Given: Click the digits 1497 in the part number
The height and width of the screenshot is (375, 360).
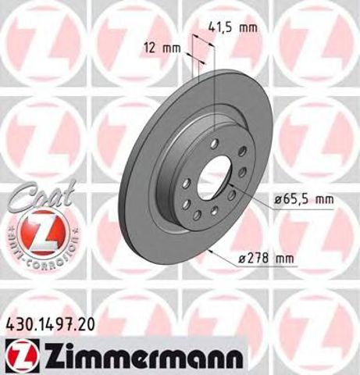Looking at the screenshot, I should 57,323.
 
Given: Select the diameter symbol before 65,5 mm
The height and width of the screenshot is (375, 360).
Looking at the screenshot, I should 278,200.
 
